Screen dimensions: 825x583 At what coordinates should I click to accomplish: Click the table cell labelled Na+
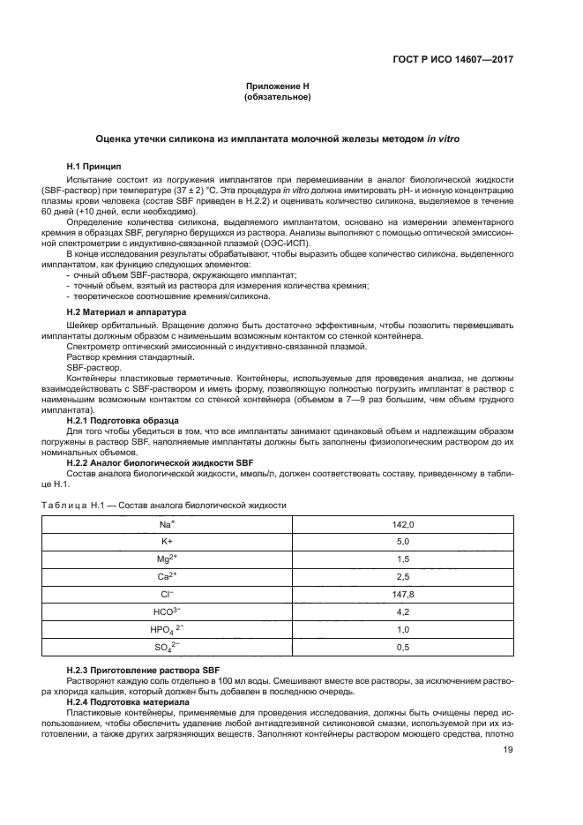point(166,524)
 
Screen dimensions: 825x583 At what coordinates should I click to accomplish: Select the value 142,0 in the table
point(402,524)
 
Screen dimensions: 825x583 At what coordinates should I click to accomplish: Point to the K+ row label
point(166,542)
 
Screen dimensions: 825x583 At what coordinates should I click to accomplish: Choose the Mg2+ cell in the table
point(166,559)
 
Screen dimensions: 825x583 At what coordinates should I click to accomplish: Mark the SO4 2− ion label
point(166,649)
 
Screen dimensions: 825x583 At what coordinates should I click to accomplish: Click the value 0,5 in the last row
point(402,649)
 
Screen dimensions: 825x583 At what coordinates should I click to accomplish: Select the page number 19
point(507,751)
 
